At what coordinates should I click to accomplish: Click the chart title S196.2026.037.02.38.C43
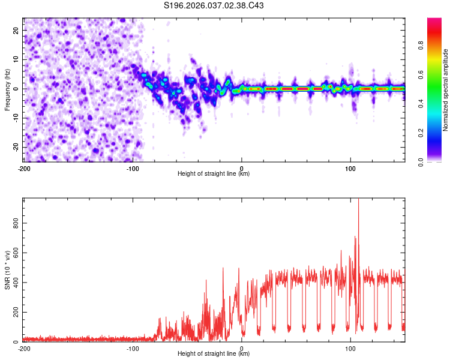click(214, 5)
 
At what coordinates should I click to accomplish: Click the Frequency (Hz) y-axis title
click(7, 89)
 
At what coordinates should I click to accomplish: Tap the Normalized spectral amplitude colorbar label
click(446, 90)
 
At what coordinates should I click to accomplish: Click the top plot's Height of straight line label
click(214, 174)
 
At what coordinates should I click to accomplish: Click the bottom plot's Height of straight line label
click(214, 354)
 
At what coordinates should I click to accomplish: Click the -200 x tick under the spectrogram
click(24, 169)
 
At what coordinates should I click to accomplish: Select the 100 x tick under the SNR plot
click(350, 349)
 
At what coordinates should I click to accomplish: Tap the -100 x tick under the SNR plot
click(133, 349)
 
